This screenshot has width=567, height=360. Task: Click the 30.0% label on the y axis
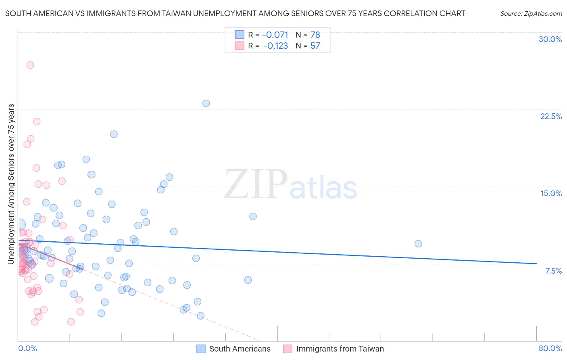point(550,39)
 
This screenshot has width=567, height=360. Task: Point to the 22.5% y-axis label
point(551,116)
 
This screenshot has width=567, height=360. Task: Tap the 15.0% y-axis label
point(551,193)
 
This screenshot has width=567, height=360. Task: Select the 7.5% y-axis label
point(553,271)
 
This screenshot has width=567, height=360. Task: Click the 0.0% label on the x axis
point(27,348)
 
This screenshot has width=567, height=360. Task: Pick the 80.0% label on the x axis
point(550,348)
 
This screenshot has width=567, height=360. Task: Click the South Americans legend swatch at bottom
point(201,349)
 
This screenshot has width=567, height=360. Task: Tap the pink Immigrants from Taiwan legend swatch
point(288,349)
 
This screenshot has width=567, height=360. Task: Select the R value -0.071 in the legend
point(275,35)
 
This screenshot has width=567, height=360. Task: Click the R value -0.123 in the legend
point(275,46)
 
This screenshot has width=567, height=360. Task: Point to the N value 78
point(315,35)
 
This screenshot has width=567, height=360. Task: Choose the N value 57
point(315,46)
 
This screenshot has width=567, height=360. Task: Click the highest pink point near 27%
point(30,65)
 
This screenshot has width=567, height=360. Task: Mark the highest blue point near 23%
point(206,103)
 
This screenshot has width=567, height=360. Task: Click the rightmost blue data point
point(418,244)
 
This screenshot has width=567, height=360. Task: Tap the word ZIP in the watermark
point(256,184)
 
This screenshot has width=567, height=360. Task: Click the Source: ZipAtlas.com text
point(531,14)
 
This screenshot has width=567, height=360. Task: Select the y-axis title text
point(11,184)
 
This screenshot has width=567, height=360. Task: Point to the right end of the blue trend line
point(536,264)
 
